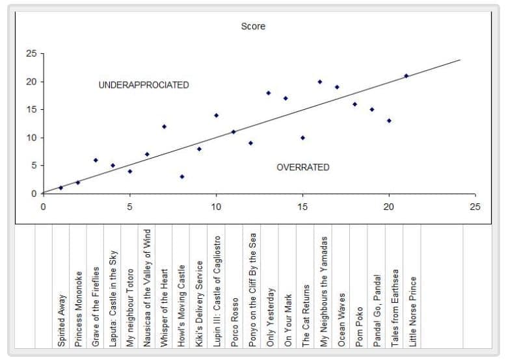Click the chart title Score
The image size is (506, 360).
[253, 27]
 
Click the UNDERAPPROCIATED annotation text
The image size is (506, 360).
[144, 85]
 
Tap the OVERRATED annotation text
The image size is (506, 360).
[303, 167]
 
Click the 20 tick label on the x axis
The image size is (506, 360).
[389, 207]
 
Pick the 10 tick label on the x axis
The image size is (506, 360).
[216, 207]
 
